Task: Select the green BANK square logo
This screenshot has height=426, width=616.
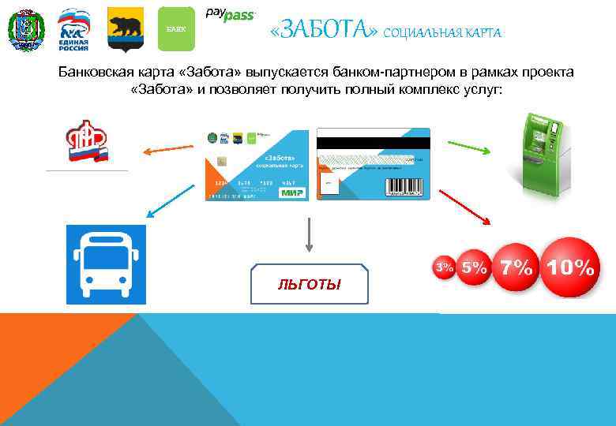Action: (175, 29)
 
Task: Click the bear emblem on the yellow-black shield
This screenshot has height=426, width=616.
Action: (125, 28)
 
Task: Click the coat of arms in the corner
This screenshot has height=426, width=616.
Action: (26, 31)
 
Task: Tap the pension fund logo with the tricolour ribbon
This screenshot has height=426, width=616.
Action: (86, 141)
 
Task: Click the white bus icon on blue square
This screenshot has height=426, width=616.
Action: (106, 264)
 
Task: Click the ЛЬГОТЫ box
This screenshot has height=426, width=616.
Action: (309, 284)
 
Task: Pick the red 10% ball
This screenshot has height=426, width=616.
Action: (570, 267)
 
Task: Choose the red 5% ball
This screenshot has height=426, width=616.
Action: (475, 267)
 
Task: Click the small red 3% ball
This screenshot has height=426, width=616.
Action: (445, 268)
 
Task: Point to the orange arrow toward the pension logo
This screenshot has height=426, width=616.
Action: (167, 148)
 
